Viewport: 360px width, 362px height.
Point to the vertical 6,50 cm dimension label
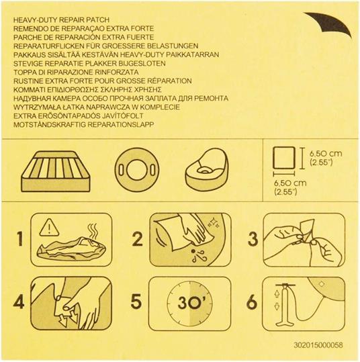[x=322, y=157]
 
